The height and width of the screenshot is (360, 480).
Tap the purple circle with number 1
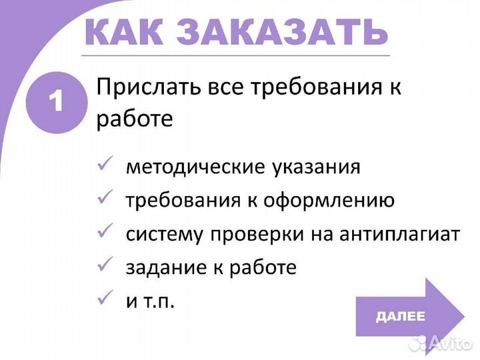56,102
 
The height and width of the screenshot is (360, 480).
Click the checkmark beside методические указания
105,165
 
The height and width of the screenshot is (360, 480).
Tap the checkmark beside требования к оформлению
105,198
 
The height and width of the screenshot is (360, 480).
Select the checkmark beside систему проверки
105,233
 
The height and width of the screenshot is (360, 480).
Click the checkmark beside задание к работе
105,267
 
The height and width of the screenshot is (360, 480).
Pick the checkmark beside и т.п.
105,300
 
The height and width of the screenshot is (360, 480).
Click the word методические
193,166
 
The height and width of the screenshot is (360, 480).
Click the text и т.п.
150,301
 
